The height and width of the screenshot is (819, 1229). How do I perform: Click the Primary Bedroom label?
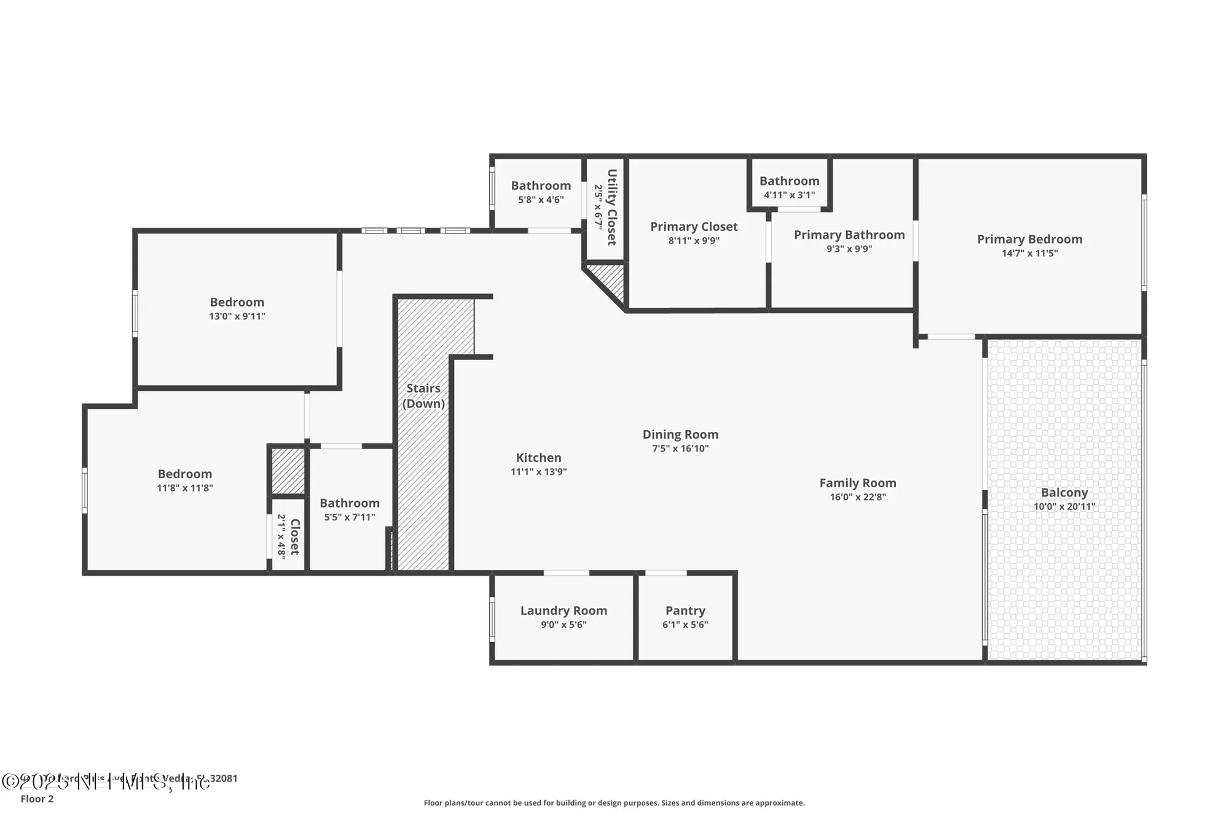point(1029,239)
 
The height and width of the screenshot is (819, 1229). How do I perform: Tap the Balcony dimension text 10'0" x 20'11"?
point(1064,506)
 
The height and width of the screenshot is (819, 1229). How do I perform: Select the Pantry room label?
point(685,610)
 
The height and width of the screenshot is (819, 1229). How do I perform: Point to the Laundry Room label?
point(563,610)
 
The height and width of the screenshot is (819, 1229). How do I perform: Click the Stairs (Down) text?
point(423,396)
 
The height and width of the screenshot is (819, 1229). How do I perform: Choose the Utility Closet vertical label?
point(611,207)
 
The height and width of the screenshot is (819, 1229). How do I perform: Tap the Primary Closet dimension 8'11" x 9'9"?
point(694,241)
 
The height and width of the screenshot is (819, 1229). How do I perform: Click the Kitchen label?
point(538,457)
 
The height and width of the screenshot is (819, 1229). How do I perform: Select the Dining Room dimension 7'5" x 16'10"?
point(680,449)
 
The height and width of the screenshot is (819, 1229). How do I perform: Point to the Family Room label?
point(857,483)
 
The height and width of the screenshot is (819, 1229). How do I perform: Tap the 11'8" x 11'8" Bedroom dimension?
point(184,488)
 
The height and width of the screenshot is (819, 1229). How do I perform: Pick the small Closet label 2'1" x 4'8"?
point(294,536)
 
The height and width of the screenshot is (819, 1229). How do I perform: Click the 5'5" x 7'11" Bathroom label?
point(349,503)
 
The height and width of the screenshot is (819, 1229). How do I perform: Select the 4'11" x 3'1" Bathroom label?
point(789,181)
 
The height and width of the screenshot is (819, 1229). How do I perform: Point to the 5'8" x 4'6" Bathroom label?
point(541,186)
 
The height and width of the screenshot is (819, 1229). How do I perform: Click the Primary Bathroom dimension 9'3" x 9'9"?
point(849,249)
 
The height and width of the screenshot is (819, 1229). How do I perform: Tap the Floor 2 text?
point(37,799)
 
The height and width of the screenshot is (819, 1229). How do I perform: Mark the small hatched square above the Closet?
point(288,471)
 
